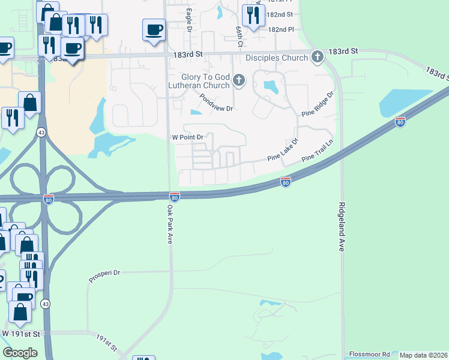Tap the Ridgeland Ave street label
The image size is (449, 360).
coord(341,226)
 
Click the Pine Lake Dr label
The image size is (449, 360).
coord(283,153)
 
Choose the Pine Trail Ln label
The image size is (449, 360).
coord(318,150)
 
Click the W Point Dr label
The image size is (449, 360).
coord(189,137)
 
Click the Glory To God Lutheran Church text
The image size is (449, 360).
coord(206,81)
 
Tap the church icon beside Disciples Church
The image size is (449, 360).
coord(318,58)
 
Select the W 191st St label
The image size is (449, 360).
coord(20,333)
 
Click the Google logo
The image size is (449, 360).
coord(20,353)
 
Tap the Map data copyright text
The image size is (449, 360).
coord(424,355)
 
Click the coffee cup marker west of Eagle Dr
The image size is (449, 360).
coord(154,29)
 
